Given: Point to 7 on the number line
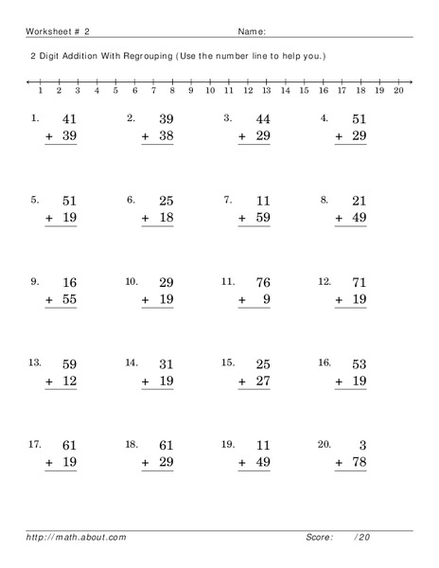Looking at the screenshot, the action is (153, 92).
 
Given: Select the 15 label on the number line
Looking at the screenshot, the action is (304, 92).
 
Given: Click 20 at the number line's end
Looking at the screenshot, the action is (398, 92).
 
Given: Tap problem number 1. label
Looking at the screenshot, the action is (35, 119).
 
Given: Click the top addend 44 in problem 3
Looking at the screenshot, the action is (262, 120).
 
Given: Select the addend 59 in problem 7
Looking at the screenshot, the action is (262, 219).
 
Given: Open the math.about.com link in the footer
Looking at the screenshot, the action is (77, 538).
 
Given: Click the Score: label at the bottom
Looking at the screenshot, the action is (319, 538).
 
